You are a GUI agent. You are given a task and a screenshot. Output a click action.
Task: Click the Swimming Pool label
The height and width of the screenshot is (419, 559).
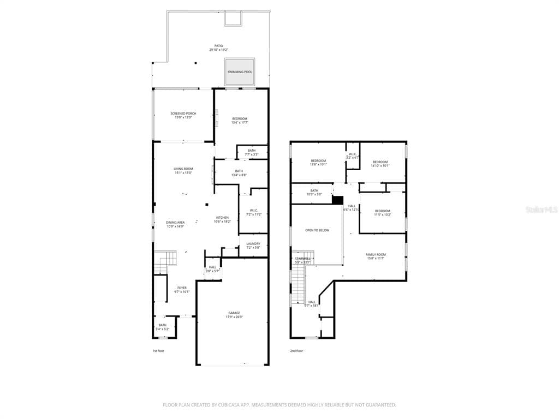(x=240, y=72)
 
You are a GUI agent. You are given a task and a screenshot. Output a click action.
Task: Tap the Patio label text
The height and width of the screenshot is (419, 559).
(x=218, y=46)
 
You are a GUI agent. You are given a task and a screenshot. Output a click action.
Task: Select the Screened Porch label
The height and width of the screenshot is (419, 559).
(x=183, y=113)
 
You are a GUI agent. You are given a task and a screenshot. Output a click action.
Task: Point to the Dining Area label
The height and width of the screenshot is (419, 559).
(x=175, y=223)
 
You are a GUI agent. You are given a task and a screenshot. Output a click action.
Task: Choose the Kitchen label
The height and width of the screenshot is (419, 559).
(x=222, y=218)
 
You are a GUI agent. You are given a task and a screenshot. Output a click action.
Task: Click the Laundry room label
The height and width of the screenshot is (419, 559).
(x=253, y=244)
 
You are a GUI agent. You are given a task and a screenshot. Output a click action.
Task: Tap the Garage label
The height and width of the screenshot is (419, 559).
(x=234, y=313)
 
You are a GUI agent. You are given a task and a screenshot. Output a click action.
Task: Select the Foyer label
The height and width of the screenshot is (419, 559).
(x=182, y=288)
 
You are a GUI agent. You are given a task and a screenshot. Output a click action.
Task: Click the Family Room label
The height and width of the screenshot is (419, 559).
(x=375, y=255)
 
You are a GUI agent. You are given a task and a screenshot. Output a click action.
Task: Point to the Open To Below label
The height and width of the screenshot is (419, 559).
(x=317, y=230)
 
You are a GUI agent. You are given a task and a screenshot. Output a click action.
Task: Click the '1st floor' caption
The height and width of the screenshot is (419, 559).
(x=158, y=351)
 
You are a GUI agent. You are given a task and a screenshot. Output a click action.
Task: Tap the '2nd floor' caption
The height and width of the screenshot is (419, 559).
(x=296, y=351)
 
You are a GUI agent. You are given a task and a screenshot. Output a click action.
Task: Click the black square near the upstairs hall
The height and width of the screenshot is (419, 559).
(x=337, y=200)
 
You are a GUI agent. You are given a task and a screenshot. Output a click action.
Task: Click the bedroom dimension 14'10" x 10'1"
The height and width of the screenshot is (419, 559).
(x=380, y=166)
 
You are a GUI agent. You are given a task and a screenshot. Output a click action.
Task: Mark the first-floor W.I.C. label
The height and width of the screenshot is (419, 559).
(x=253, y=211)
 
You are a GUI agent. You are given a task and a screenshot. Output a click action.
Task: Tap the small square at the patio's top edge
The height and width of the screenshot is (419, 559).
(x=232, y=19)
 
